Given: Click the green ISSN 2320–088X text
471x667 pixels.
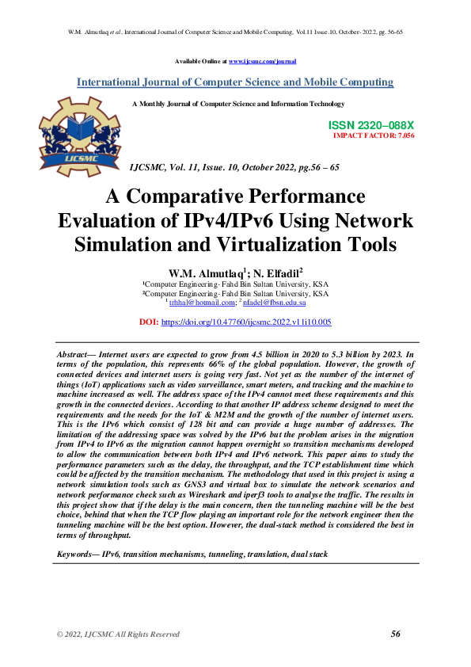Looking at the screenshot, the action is pos(370,126).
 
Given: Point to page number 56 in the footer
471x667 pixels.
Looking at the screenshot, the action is pos(396,634).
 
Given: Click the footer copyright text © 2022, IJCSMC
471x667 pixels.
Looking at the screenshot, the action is pos(118,635).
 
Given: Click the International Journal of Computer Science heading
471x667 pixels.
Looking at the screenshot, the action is pos(235,82).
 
